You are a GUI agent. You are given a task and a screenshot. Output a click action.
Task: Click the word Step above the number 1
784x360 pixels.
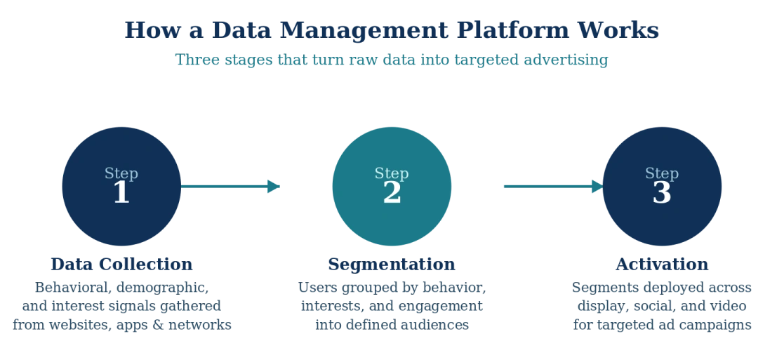(121, 173)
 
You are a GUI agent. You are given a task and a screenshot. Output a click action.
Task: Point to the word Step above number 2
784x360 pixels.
(392, 173)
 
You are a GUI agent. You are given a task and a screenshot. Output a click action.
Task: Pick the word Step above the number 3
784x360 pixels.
(662, 173)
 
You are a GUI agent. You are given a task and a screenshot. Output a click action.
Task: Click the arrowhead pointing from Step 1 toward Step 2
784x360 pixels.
(273, 186)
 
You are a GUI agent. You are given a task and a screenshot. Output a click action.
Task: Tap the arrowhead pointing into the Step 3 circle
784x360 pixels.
(596, 186)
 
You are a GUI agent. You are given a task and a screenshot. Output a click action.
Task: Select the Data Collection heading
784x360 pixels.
(123, 265)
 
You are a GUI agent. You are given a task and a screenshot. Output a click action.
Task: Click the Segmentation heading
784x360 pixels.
(392, 265)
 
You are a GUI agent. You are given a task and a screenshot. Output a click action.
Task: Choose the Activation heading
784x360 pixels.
(661, 265)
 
